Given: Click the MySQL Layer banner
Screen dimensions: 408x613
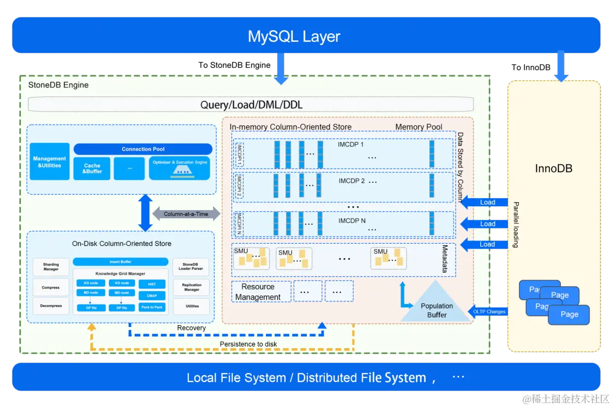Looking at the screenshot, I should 294,36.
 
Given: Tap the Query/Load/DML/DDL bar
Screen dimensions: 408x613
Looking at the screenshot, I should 251,104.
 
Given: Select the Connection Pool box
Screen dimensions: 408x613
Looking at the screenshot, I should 143,149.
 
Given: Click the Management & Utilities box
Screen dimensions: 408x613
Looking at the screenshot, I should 50,162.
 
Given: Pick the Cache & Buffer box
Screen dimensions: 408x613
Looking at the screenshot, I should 92,169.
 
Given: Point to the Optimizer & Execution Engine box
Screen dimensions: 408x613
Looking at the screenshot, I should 179,168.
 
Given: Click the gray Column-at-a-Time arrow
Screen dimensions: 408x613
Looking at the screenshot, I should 186,214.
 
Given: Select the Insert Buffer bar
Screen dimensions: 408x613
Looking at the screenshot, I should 120,262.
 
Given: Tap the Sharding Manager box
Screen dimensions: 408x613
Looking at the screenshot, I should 51,267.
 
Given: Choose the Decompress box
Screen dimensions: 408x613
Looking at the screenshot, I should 51,306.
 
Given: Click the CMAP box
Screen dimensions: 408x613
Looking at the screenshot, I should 152,296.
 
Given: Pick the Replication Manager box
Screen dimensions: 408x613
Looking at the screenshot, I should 192,287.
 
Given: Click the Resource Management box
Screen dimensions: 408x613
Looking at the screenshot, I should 258,292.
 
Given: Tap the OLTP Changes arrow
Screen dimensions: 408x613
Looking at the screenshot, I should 488,312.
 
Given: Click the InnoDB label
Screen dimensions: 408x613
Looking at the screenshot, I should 554,169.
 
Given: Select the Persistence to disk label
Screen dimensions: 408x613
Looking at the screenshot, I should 248,344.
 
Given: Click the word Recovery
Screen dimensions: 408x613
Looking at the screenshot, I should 191,328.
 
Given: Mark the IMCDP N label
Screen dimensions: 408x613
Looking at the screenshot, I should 352,221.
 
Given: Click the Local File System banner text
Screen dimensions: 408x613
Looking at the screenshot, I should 306,378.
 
